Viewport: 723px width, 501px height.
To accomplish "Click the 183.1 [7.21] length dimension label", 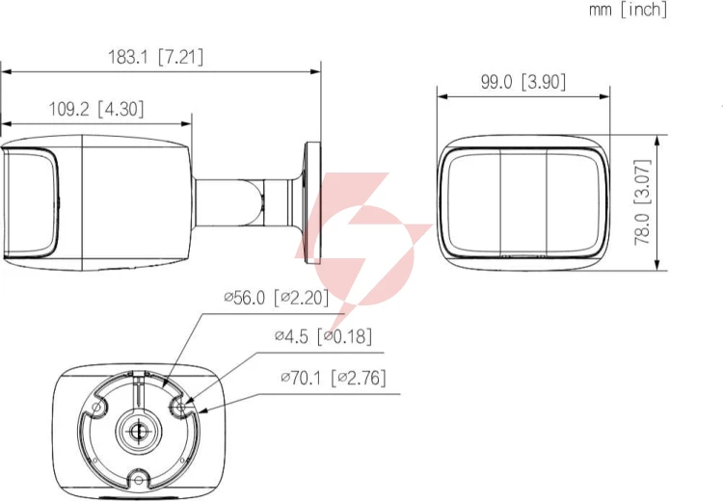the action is coord(155,57).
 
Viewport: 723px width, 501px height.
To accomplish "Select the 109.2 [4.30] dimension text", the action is coord(96,109).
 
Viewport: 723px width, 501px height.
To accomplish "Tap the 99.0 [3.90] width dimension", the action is coord(523,82).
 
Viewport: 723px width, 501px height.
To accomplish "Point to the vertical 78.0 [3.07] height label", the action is coord(642,202).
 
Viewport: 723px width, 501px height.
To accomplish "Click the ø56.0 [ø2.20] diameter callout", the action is coord(277,298).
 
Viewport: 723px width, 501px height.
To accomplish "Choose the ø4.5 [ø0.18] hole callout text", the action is coord(323,336).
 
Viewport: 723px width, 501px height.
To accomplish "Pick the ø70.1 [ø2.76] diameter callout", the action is coord(334,379).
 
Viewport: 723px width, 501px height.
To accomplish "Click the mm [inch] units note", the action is coord(628,10).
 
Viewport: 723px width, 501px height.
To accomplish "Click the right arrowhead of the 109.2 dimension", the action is coord(186,124).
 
